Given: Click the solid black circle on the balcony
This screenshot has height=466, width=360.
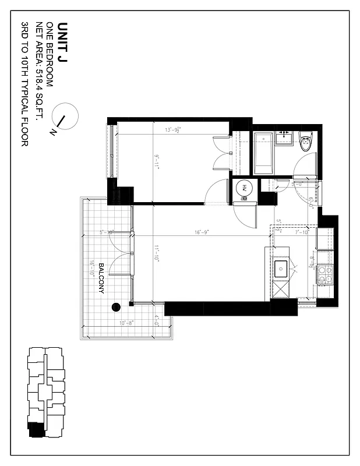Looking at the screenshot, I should coord(115,306).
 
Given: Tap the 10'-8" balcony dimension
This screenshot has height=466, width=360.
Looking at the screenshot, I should coord(127,322).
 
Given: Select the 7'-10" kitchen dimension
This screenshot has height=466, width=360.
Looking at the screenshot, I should coord(302,232).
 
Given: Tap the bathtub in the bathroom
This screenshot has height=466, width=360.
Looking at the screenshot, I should coord(264,154).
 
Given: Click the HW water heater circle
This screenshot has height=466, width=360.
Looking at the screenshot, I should coord(245,188).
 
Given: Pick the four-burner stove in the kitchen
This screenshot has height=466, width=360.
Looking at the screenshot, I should coord(324,274).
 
